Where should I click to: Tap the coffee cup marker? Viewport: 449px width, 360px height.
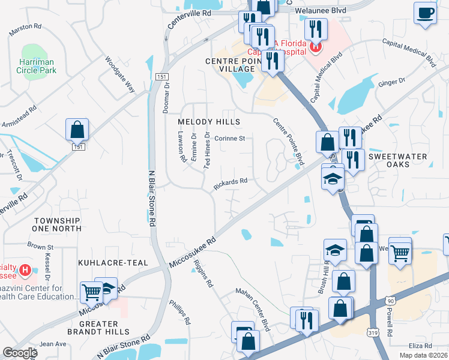click(x=425, y=13)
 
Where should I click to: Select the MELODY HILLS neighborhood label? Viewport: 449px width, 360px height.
click(x=209, y=122)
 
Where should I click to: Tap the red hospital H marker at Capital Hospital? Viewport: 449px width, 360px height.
click(x=315, y=46)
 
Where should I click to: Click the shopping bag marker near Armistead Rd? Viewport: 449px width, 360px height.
click(x=77, y=129)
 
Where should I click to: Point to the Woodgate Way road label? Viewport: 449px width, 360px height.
click(x=120, y=74)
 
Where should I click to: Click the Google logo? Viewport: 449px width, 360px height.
click(x=20, y=353)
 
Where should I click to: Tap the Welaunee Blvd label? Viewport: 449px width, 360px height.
click(x=329, y=10)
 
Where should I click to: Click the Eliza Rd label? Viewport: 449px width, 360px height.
click(x=420, y=346)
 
